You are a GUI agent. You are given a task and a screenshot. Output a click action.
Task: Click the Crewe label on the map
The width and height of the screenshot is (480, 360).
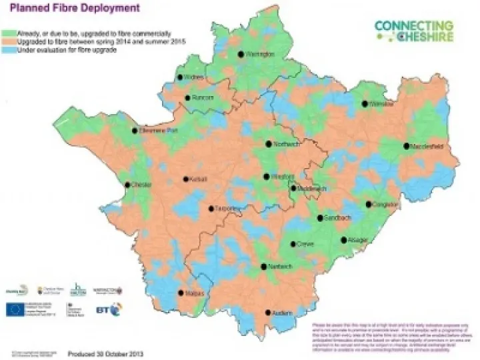[305, 244]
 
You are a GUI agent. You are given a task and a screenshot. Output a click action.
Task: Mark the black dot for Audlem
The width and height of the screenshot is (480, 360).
[268, 312]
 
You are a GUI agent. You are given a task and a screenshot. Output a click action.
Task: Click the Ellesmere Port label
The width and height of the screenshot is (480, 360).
[159, 131]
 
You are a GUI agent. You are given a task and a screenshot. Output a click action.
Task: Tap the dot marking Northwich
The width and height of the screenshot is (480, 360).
[268, 143]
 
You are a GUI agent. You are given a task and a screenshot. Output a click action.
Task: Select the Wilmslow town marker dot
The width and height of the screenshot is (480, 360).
[365, 104]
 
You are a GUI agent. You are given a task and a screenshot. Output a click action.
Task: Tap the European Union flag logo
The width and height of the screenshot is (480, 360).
[15, 309]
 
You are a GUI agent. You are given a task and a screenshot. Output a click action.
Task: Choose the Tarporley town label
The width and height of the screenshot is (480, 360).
[227, 208]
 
